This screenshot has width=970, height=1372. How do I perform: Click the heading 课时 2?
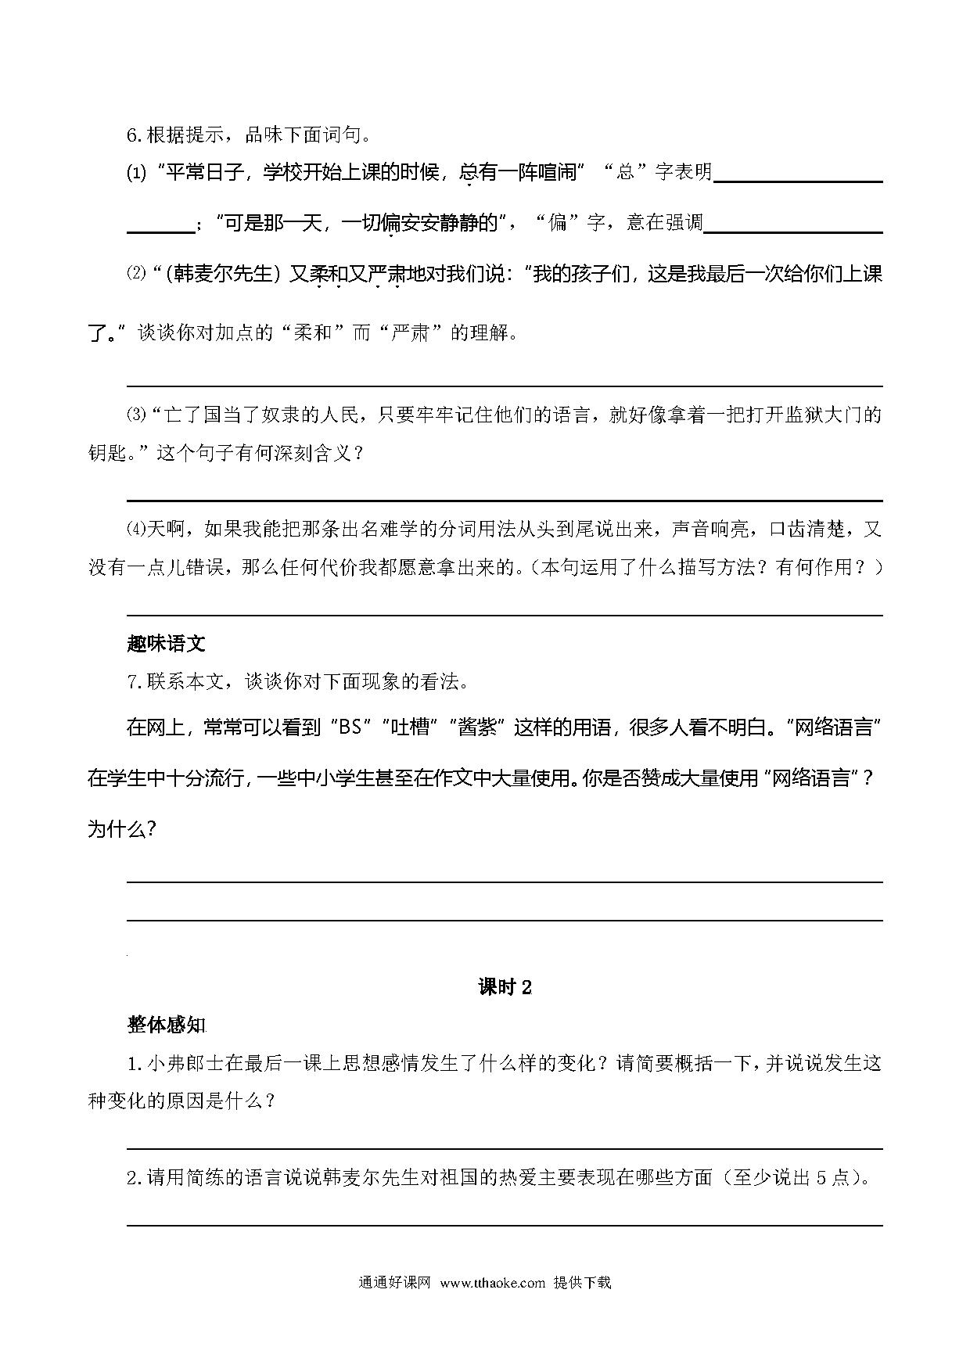[505, 988]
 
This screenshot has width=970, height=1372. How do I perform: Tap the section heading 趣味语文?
[165, 644]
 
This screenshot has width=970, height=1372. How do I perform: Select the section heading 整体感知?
[165, 1025]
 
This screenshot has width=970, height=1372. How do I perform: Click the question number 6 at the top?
[133, 135]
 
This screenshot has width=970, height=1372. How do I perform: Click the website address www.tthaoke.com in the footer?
[492, 1283]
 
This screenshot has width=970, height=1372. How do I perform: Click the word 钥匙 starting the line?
[106, 453]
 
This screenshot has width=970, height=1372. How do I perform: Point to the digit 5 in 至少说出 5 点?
[821, 1178]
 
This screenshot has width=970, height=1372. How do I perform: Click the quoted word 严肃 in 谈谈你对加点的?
[412, 333]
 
